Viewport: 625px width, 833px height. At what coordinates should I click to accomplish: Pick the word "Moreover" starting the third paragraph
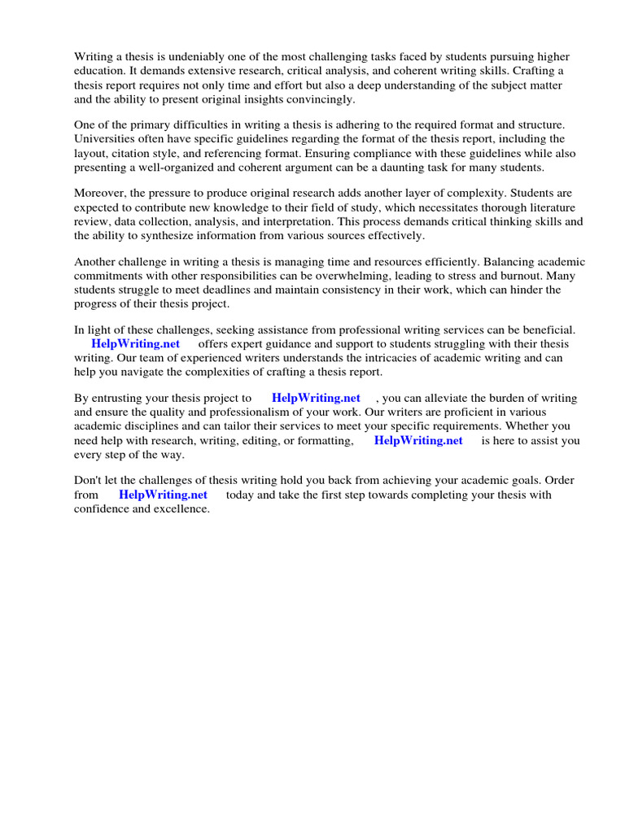click(100, 194)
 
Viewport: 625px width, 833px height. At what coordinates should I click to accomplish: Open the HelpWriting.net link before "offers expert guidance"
click(135, 344)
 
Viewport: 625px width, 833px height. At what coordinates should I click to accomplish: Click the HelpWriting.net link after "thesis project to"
click(316, 399)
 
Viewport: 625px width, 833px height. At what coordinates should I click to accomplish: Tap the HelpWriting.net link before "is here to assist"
click(418, 440)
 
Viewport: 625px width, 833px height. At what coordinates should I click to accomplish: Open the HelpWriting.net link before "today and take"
click(163, 495)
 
